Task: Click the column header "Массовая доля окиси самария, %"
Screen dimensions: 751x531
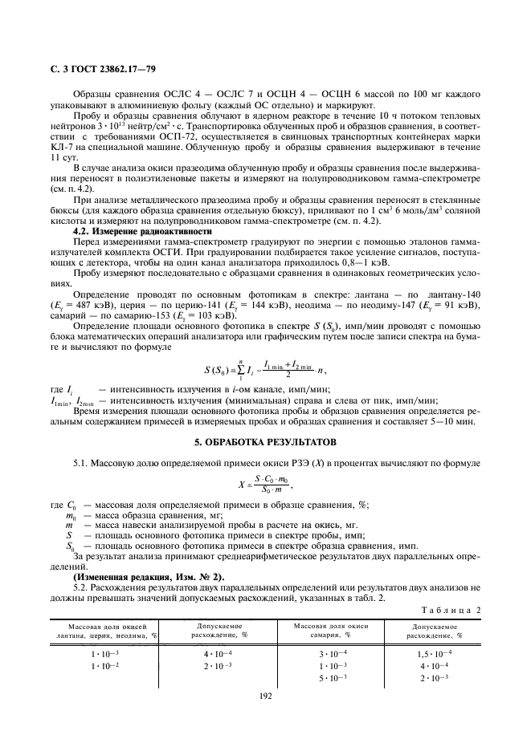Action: click(x=331, y=628)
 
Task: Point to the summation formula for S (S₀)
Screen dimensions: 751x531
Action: click(x=264, y=371)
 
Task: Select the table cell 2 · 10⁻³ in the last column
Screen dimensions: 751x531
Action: click(x=435, y=678)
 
